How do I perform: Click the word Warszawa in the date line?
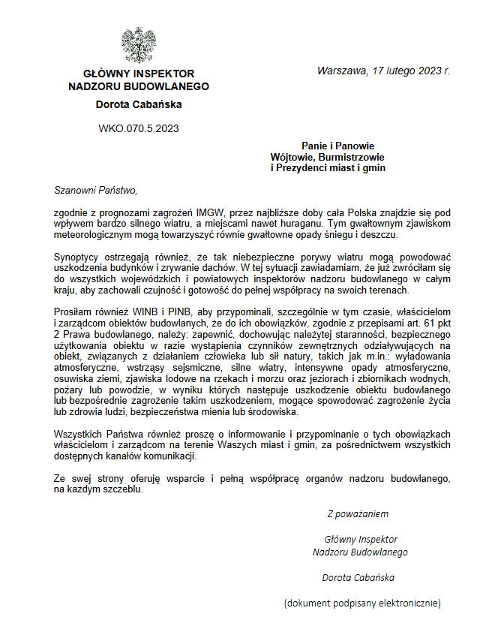(x=340, y=71)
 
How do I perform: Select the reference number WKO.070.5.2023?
(x=139, y=128)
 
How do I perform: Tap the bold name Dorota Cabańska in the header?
(x=139, y=104)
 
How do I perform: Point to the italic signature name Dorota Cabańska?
(x=358, y=577)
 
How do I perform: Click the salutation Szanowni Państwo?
(x=96, y=190)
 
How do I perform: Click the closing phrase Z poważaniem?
(x=358, y=514)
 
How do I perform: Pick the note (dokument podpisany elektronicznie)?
(x=361, y=603)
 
